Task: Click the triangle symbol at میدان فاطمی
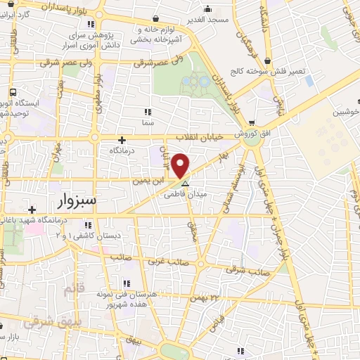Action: [x=186, y=184]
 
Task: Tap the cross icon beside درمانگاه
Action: [x=122, y=140]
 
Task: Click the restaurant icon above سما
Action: [x=147, y=111]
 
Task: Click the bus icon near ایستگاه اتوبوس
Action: [x=13, y=91]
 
